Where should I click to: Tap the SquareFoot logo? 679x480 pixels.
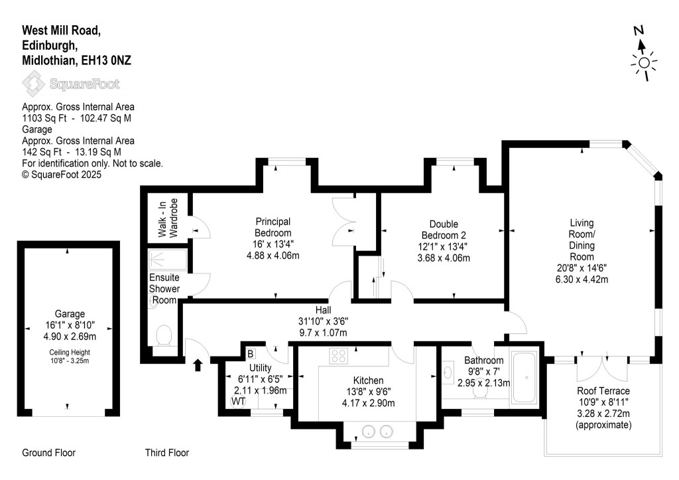point(71,84)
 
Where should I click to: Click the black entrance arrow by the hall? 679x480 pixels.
point(196,364)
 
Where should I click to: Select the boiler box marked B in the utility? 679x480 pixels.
point(251,353)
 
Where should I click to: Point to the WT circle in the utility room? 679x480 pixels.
point(237,401)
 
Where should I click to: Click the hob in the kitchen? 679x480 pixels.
point(339,356)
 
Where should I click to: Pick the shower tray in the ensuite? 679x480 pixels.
point(166,258)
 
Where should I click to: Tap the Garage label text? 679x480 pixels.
point(70,314)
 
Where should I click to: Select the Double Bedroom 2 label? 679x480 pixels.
point(444,230)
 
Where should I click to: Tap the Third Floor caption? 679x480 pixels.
point(167,453)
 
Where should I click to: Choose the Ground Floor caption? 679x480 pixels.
point(48,453)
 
